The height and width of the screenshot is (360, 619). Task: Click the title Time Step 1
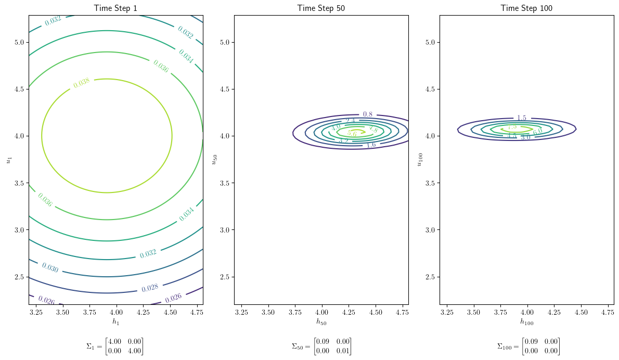coord(115,8)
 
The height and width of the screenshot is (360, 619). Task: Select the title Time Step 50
coord(321,8)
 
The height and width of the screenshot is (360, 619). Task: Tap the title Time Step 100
coord(526,8)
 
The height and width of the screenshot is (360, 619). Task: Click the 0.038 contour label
coord(81,83)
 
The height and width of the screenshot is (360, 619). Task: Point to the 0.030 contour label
coord(50,268)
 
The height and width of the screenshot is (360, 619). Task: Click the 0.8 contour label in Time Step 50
coord(368,114)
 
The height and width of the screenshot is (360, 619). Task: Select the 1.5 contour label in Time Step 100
coord(522,118)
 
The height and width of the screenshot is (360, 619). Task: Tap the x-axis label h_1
coord(115,322)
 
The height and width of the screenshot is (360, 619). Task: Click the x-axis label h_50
coord(321,322)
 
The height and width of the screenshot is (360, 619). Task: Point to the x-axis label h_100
coord(526,322)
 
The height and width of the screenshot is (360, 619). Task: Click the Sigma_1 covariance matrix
coord(115,346)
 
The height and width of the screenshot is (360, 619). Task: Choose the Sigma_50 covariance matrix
coord(321,346)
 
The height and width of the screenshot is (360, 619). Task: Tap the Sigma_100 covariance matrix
coord(528,346)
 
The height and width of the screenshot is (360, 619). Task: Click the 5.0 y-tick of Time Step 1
coord(19,42)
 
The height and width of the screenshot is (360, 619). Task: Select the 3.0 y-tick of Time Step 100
coord(430,230)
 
